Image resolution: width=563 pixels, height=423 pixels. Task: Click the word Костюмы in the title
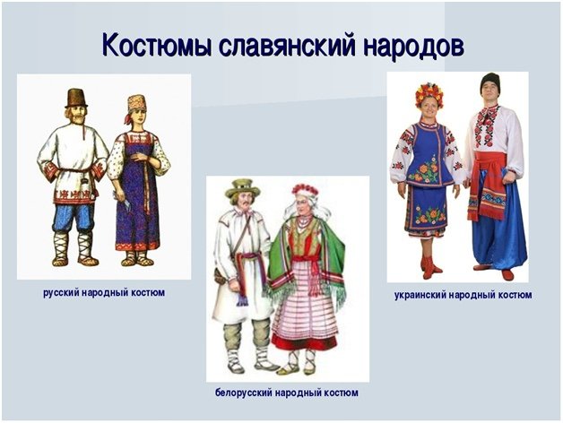pos(156,45)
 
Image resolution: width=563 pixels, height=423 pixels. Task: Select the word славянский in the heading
pos(287,45)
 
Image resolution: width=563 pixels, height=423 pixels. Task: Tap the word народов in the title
pos(414,46)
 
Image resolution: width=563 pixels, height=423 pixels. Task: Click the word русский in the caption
pos(61,293)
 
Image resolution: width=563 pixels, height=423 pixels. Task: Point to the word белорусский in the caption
pos(244,393)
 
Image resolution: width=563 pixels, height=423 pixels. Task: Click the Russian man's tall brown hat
pos(76,98)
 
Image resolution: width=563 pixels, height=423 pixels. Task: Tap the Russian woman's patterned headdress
pos(137,103)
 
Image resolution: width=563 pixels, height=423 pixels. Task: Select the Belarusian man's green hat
pos(242,189)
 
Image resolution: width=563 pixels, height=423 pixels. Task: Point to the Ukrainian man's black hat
pos(490,82)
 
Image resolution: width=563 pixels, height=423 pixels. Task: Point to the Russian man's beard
pos(76,117)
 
